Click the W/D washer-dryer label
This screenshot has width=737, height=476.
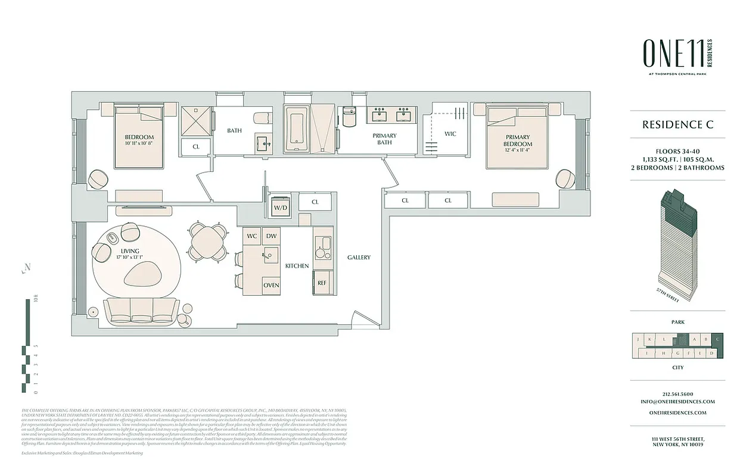[280, 208]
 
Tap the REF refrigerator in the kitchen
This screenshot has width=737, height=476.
[322, 283]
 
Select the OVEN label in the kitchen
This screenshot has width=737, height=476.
[272, 285]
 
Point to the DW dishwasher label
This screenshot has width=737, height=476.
[272, 236]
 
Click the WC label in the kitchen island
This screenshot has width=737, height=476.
[252, 236]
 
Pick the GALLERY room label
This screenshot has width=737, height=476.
[359, 258]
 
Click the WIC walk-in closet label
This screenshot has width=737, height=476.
[450, 134]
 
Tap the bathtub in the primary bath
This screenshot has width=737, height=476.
[297, 130]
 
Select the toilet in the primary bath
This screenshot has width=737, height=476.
[349, 115]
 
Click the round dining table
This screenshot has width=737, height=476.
[208, 241]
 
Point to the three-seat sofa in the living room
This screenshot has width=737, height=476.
[142, 311]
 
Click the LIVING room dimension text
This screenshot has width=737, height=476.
[131, 258]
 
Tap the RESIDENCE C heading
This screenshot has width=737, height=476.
[677, 125]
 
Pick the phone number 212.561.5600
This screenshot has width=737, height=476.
[678, 394]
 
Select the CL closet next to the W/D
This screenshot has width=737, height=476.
[315, 202]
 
